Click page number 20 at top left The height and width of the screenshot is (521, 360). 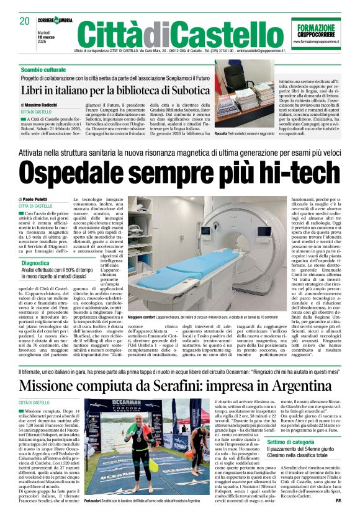(24, 21)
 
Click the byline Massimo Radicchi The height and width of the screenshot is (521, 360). (40, 105)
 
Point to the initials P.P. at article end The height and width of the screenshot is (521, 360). (338, 500)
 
